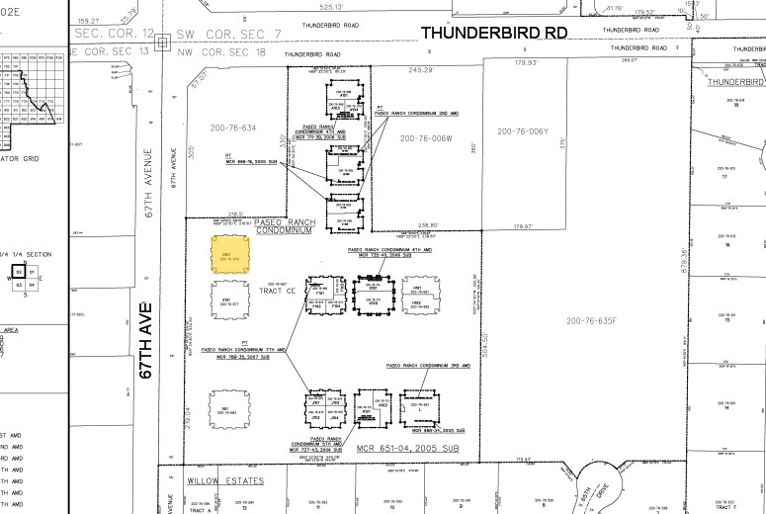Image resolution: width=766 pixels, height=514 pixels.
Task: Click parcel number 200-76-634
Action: pos(232,128)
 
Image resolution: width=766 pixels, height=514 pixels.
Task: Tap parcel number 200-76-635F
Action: pos(591,320)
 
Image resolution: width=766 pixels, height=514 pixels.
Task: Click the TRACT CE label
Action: pos(278,292)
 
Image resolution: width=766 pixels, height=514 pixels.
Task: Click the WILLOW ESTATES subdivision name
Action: pos(225,480)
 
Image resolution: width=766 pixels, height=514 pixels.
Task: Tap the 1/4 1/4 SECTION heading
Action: pos(24,255)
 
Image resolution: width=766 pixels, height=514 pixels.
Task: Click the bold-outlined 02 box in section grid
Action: pos(18,271)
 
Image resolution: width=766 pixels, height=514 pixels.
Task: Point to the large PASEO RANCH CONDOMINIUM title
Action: pos(283,225)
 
